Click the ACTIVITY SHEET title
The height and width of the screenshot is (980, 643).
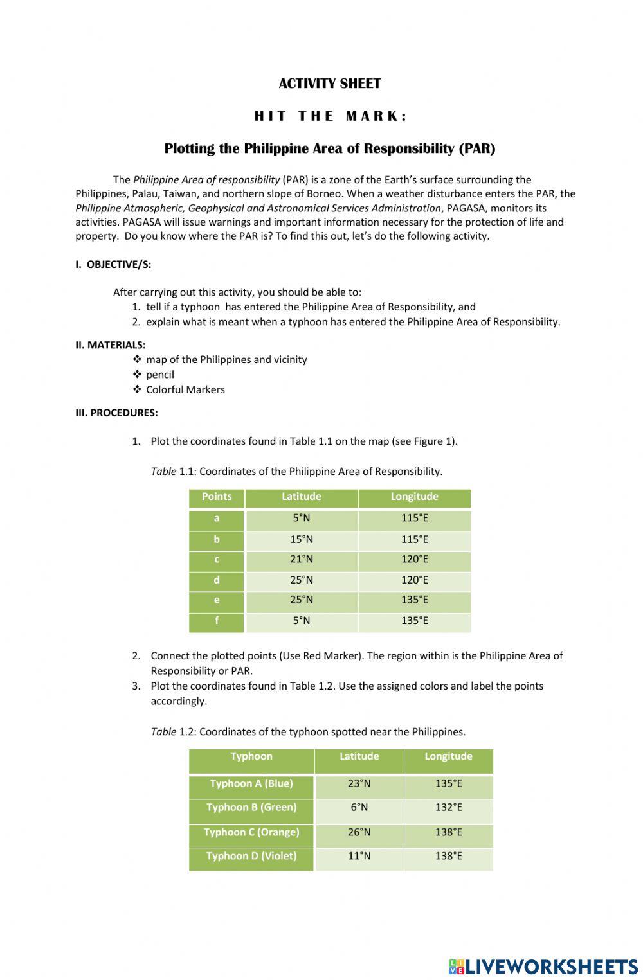point(329,84)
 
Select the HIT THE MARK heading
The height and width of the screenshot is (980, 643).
point(331,116)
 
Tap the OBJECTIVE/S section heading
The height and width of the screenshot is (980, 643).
point(113,264)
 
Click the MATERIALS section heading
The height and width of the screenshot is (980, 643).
point(110,344)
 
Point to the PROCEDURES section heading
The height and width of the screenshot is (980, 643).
point(116,413)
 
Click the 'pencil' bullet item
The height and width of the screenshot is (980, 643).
point(159,374)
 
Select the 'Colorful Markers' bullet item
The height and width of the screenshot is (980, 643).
point(185,389)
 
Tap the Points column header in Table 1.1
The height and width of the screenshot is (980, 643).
point(217,497)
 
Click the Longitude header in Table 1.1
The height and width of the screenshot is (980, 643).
point(414,497)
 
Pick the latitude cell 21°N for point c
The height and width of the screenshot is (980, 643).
point(301,559)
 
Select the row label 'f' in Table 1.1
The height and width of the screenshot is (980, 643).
point(217,621)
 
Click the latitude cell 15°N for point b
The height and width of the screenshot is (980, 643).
point(301,539)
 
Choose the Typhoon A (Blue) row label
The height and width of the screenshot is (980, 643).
point(251,783)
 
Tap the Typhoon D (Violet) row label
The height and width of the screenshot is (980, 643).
point(251,856)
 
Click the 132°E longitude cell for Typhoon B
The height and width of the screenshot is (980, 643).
point(448,807)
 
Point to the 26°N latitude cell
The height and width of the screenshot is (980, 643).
point(359,832)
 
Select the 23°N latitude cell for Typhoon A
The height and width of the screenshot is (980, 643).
point(359,783)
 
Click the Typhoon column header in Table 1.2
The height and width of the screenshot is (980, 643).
point(251,756)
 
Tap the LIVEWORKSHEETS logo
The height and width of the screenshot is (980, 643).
point(543,967)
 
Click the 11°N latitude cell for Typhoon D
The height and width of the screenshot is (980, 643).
point(359,856)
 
